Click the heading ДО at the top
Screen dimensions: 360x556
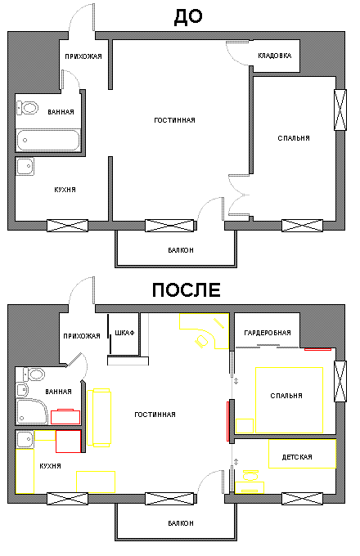(188, 17)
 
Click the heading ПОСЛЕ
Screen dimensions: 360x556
(187, 289)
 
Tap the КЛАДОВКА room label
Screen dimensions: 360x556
(275, 56)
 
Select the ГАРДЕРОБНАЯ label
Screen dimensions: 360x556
(268, 333)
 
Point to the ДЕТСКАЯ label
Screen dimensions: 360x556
(297, 457)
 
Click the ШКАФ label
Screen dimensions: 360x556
(124, 333)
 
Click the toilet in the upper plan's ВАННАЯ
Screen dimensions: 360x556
(27, 108)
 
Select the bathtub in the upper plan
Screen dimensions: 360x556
(48, 140)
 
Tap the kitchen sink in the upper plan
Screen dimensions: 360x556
(25, 166)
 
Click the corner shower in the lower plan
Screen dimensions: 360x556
(32, 411)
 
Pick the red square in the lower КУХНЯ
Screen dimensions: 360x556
(69, 442)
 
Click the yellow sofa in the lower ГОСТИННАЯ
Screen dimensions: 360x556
(99, 417)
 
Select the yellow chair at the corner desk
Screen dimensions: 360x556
(201, 341)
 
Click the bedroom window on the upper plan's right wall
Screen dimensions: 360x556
(340, 110)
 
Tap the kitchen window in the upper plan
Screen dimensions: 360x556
(67, 226)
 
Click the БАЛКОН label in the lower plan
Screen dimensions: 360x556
(181, 523)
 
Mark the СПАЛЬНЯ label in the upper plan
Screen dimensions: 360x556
(294, 138)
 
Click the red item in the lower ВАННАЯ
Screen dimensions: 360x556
(65, 416)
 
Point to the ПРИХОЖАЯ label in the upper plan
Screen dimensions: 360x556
(83, 56)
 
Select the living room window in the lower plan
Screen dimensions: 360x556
(169, 499)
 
